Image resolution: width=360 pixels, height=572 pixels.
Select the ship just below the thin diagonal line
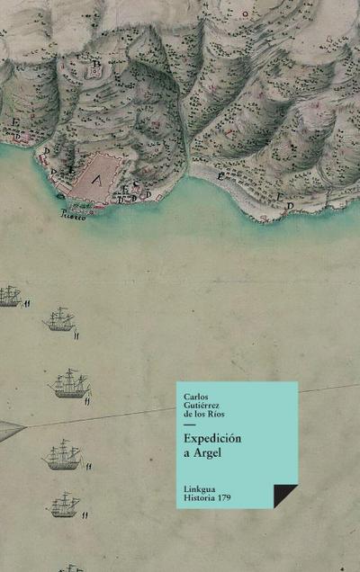click(62, 455)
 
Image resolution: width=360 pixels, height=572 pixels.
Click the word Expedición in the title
click(211, 439)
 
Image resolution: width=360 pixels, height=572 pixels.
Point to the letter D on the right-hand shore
click(290, 207)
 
